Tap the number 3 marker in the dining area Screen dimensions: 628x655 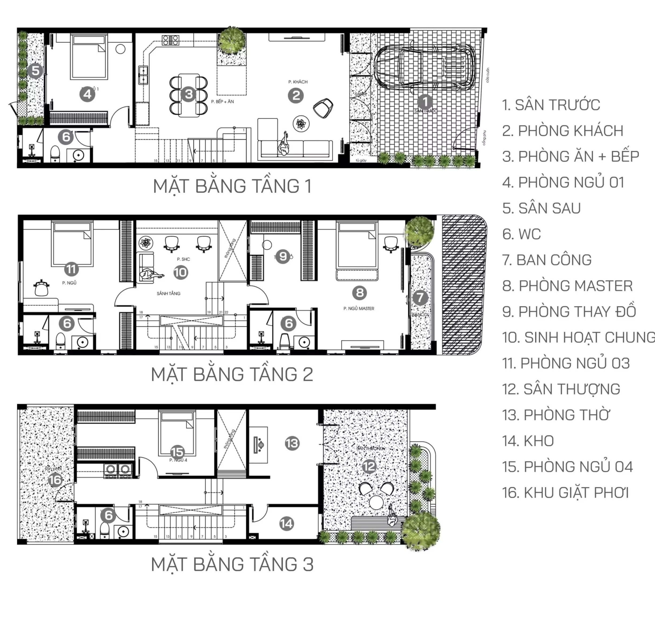(x=189, y=94)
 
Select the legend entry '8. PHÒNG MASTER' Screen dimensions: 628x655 (x=567, y=286)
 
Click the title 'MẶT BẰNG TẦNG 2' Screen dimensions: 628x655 (x=232, y=374)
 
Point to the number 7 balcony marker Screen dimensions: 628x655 (x=420, y=297)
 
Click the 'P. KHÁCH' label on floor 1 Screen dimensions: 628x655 (x=298, y=82)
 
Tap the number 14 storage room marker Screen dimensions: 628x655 (x=286, y=523)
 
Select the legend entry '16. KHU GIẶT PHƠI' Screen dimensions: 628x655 (x=565, y=493)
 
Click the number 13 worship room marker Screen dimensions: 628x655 (x=292, y=443)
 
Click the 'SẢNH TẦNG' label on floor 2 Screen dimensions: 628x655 (x=169, y=293)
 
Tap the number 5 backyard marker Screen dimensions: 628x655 (x=35, y=71)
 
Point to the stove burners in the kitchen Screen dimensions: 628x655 (x=170, y=40)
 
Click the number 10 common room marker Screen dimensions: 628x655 (x=181, y=272)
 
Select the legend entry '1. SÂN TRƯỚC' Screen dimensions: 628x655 (x=551, y=105)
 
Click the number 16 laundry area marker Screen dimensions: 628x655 (x=55, y=480)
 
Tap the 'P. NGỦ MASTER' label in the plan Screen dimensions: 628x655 (x=359, y=309)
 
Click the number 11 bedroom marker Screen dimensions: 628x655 (x=71, y=269)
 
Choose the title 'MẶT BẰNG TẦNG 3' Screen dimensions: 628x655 (x=232, y=564)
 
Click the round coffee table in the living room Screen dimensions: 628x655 (x=301, y=124)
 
